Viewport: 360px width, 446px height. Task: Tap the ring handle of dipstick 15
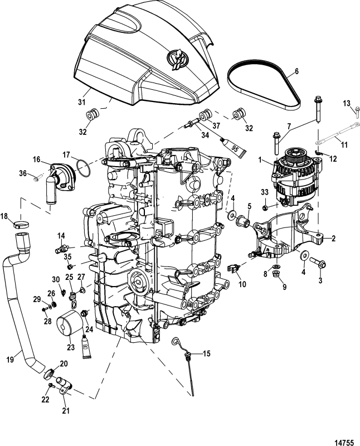pyautogui.click(x=177, y=342)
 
